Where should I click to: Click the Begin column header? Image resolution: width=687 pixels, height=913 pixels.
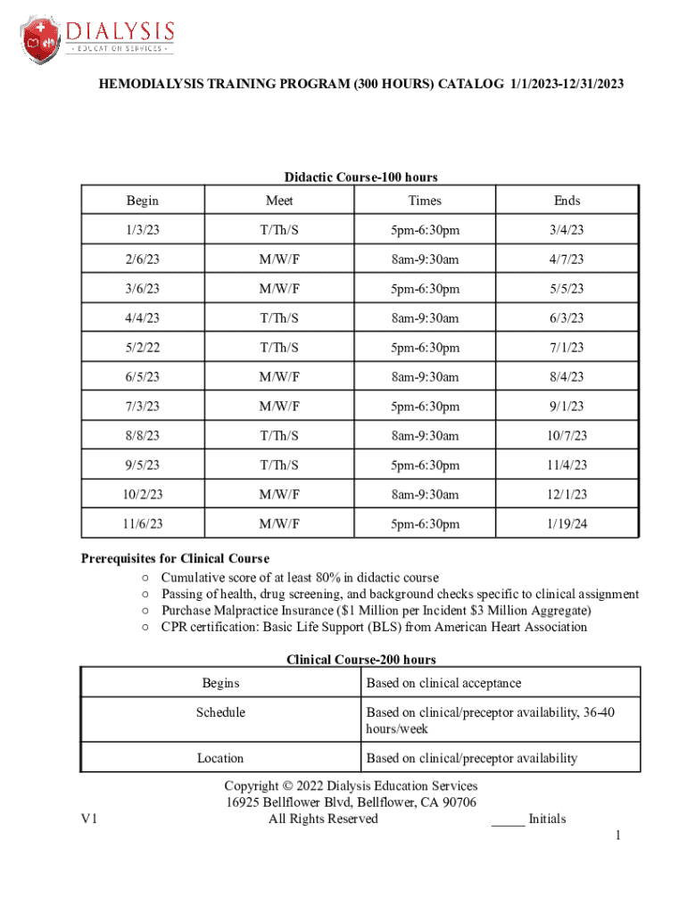pos(142,201)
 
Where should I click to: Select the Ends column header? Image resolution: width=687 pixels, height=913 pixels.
pos(567,201)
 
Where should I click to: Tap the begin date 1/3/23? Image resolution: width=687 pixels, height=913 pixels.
pos(142,231)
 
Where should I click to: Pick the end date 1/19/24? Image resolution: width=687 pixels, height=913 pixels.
pos(567,524)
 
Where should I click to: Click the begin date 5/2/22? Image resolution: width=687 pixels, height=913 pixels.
pos(142,348)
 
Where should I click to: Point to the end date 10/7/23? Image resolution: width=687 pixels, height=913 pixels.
pos(567,436)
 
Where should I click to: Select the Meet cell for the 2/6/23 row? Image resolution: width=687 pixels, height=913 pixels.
pos(279,259)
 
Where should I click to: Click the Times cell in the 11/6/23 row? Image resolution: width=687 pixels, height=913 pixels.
pos(425,524)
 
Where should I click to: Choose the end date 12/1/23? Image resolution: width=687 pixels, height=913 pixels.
pos(567,495)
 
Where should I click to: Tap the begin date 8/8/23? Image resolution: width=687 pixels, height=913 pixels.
pos(142,436)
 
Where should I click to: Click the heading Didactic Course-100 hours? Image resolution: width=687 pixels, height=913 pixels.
pos(360,177)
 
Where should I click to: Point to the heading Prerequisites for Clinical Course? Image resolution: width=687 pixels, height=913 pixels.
pos(175,559)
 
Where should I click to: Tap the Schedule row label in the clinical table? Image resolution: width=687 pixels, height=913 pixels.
pos(220,712)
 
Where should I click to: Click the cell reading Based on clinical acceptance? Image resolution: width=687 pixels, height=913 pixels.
pos(443,683)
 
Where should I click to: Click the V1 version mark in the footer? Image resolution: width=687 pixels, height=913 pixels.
pos(89,819)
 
